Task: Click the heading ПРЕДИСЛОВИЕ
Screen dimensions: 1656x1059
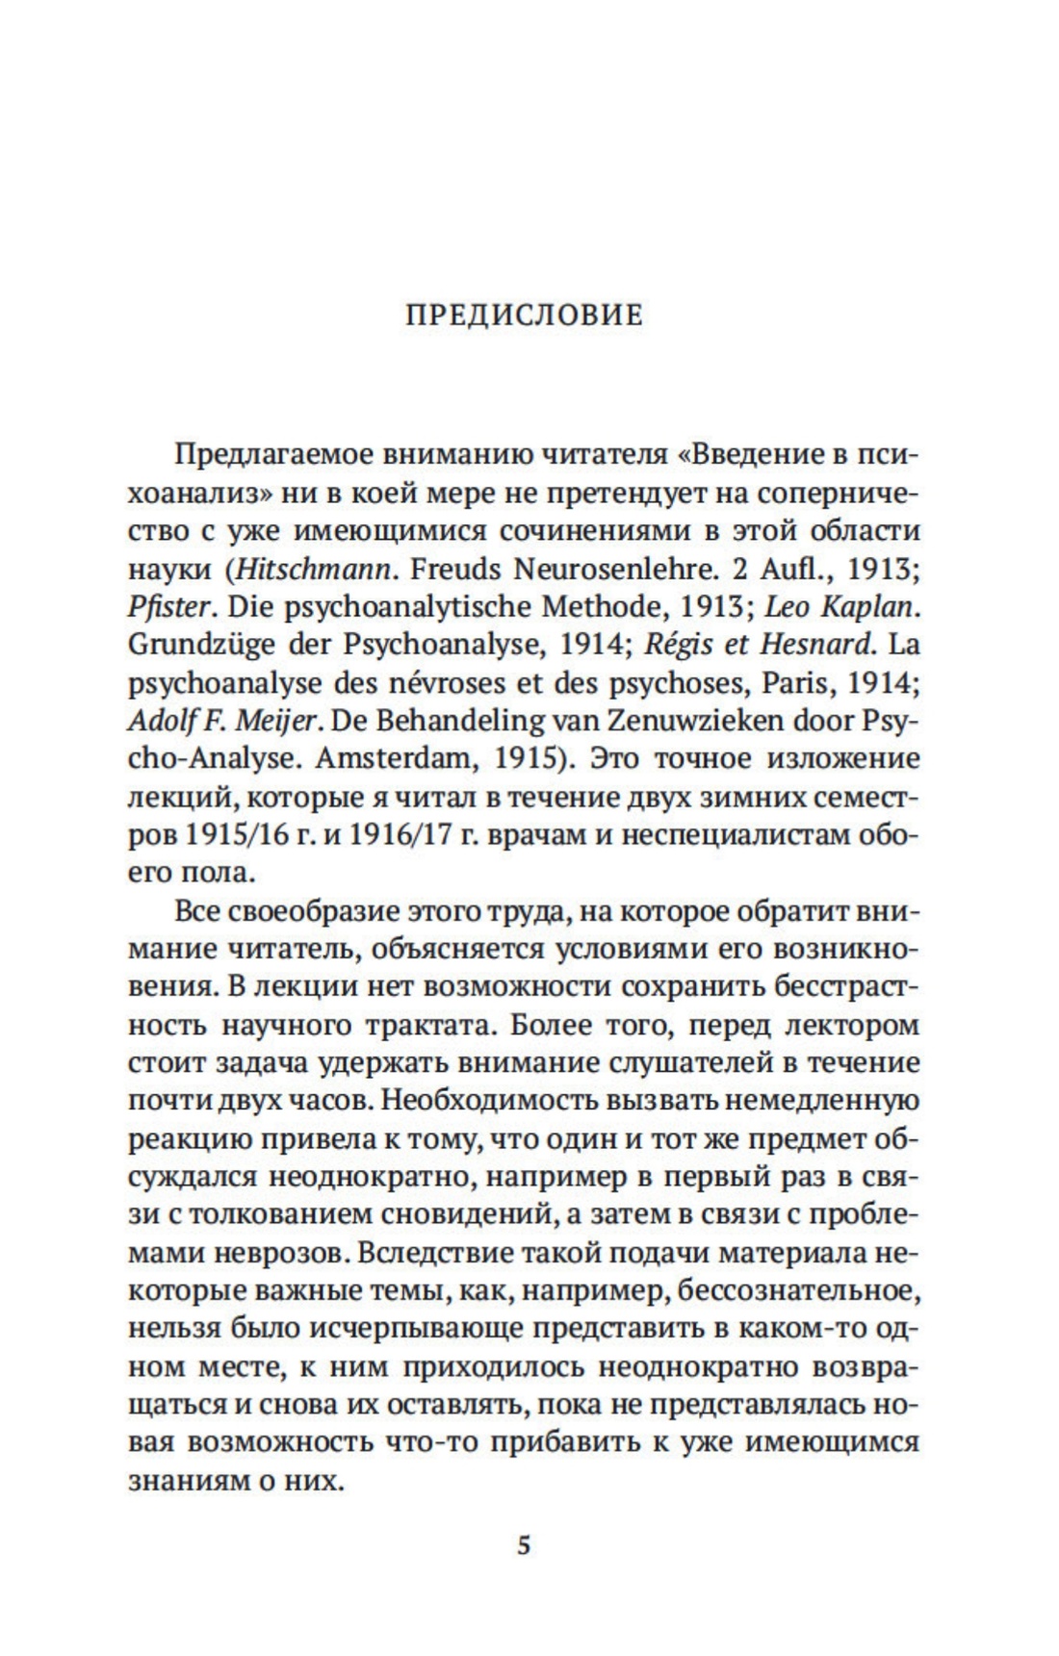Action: click(524, 315)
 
